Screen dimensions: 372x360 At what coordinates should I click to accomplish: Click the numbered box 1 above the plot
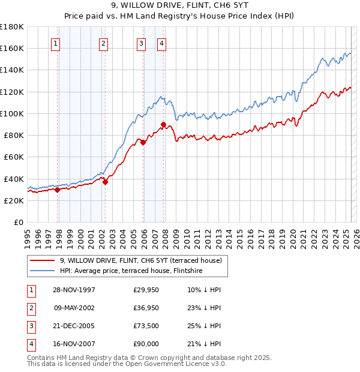tap(55, 43)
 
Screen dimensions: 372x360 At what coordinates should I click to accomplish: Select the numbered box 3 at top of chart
tap(141, 43)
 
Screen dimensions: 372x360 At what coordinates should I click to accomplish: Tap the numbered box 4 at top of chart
tap(162, 43)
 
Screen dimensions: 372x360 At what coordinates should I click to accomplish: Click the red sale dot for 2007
tap(163, 125)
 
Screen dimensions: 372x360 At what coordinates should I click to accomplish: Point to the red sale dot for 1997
tap(58, 190)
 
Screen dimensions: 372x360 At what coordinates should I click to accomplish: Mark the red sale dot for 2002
tap(105, 182)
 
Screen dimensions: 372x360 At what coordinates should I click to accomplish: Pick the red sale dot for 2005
tap(143, 143)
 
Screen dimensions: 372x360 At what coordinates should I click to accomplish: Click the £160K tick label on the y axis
tap(12, 48)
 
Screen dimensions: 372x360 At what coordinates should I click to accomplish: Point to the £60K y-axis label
tap(14, 157)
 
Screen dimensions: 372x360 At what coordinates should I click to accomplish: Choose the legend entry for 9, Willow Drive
tap(141, 260)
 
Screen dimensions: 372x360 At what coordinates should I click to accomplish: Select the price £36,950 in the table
tap(146, 308)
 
